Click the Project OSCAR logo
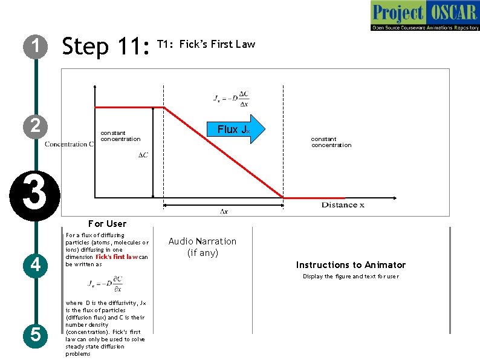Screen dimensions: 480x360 click(424, 16)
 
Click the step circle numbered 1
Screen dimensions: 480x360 click(36, 46)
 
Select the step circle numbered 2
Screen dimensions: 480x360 click(36, 125)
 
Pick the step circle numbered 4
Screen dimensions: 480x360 click(36, 264)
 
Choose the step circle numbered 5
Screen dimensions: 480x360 click(36, 334)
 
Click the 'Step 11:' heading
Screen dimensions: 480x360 click(105, 47)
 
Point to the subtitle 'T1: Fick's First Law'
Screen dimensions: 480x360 click(206, 44)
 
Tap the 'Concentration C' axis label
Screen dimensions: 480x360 click(69, 144)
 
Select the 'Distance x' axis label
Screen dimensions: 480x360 click(343, 205)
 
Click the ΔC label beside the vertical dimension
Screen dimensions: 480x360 click(143, 155)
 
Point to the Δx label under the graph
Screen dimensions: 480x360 click(224, 211)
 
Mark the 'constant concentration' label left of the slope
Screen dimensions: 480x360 click(120, 136)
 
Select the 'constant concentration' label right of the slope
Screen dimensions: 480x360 click(331, 142)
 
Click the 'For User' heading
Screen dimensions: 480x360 click(107, 223)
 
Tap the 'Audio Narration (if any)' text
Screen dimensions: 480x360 click(203, 247)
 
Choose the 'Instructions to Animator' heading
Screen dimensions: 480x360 click(351, 264)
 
